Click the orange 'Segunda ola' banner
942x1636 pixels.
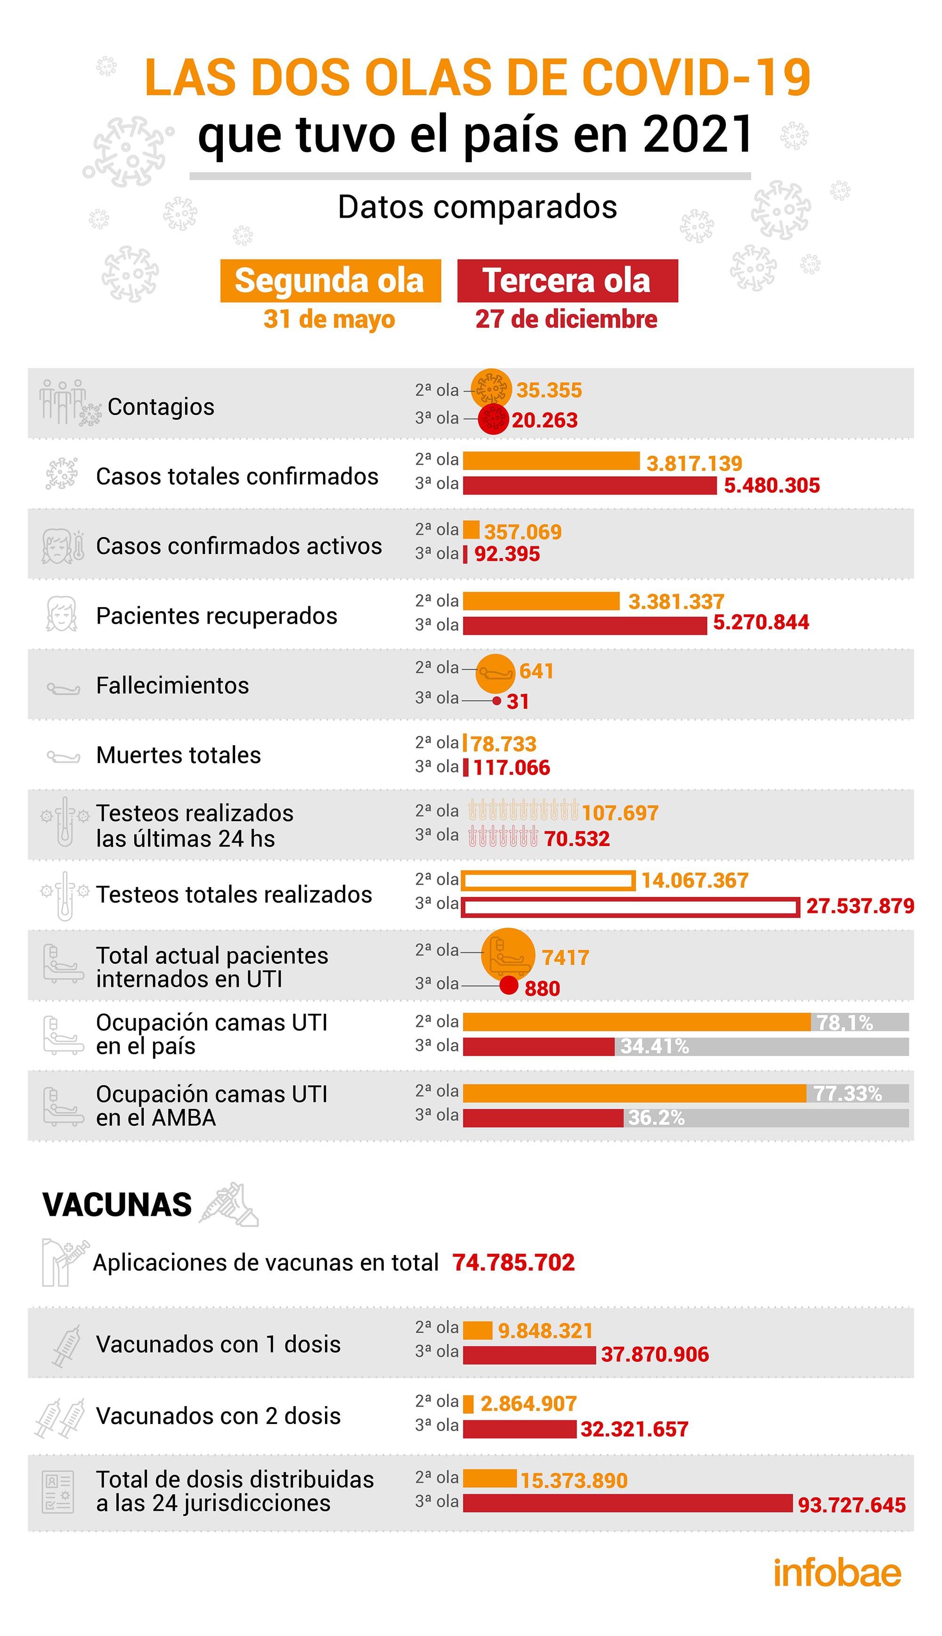(330, 281)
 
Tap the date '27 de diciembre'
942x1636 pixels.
(566, 319)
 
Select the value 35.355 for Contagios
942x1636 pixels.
(549, 390)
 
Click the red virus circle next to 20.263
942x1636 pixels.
(494, 420)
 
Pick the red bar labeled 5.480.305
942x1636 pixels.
(589, 485)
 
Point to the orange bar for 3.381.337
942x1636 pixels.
(541, 601)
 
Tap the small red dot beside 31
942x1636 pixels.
(496, 700)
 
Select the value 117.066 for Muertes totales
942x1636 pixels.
(511, 768)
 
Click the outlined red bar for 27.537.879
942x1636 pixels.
(631, 907)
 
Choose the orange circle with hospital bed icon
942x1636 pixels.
(508, 953)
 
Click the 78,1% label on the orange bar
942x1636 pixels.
(845, 1023)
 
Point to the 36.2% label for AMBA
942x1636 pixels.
(656, 1118)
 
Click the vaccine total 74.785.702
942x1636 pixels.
(513, 1262)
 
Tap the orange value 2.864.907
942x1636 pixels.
(528, 1404)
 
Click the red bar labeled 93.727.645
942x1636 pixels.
(627, 1503)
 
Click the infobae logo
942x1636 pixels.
(837, 1574)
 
